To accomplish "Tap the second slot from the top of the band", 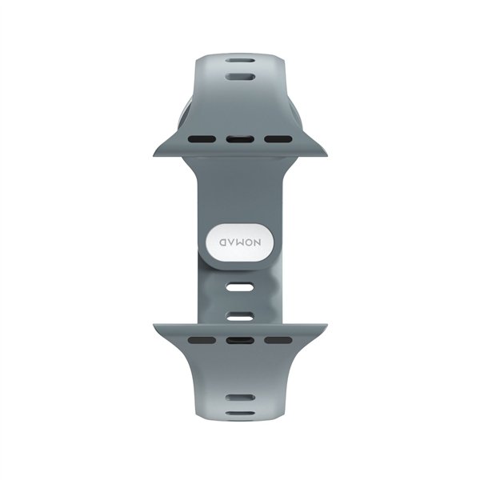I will (x=240, y=78).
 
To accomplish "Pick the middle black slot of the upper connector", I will (x=240, y=139).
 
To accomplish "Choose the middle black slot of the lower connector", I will (x=240, y=340).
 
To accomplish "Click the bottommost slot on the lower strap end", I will (x=240, y=414).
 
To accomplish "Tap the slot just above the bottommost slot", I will (x=240, y=397).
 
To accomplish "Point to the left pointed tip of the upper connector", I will (x=154, y=154).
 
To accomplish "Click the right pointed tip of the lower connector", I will (x=326, y=326).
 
